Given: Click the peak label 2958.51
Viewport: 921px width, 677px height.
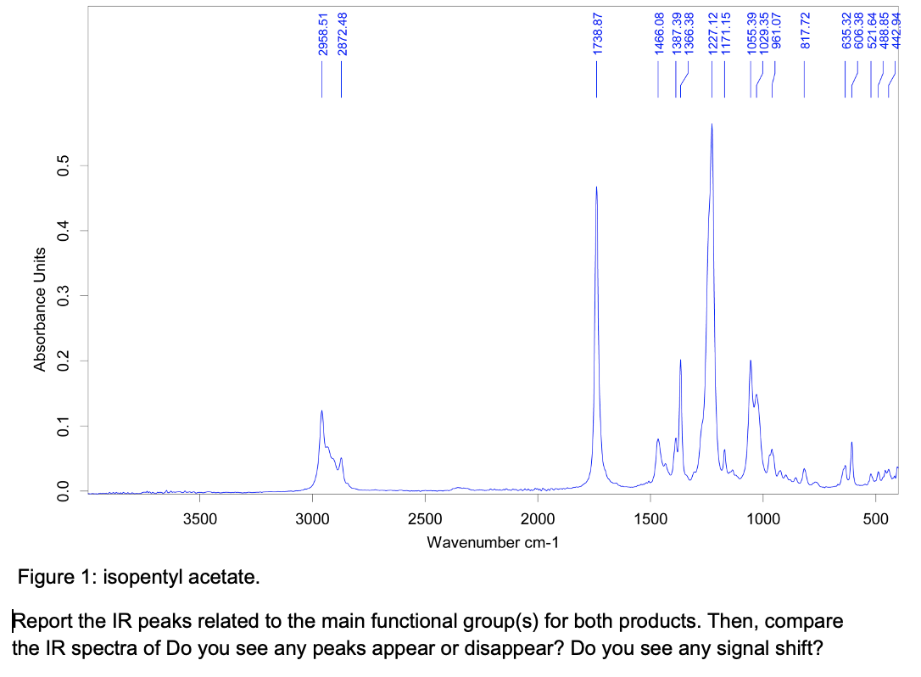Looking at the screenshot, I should click(x=322, y=35).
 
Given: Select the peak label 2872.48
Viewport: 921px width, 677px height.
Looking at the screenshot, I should click(x=342, y=35).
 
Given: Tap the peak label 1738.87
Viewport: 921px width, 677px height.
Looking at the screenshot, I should click(x=597, y=35).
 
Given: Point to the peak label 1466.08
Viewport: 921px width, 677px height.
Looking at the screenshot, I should click(x=658, y=35).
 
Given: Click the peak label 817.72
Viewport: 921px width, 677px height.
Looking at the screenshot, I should click(x=806, y=35).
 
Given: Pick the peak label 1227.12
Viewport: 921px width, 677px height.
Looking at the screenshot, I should click(x=712, y=35).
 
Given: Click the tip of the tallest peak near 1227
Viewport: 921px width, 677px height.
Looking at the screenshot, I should click(x=712, y=125).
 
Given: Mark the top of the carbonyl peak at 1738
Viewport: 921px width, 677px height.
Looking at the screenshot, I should click(x=597, y=187).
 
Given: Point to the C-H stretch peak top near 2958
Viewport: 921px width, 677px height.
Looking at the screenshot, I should click(x=321, y=411).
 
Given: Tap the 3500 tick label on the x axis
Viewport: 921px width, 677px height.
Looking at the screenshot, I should click(x=198, y=519).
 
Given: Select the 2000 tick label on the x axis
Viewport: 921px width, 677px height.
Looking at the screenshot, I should click(x=537, y=519).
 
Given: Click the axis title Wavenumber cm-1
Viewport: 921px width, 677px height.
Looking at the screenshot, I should click(x=493, y=542).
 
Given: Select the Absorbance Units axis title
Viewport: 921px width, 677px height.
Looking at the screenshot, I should click(x=39, y=310).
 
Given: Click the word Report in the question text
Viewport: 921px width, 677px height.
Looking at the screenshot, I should click(x=41, y=621).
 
